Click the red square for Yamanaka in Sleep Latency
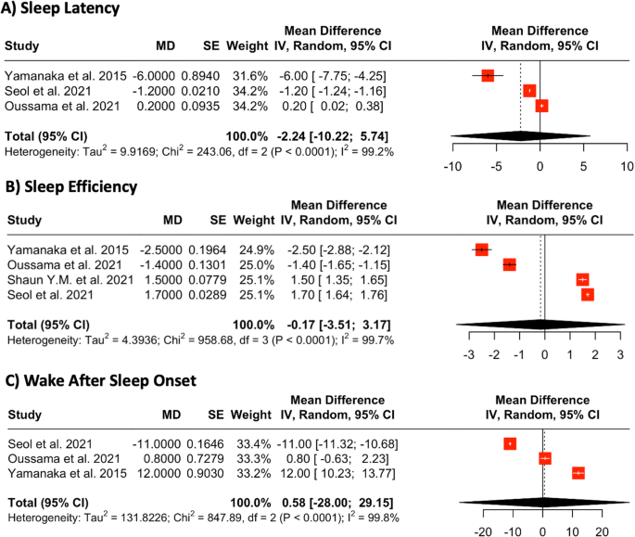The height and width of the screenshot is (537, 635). tap(488, 75)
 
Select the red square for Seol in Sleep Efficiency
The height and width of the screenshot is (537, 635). tap(587, 295)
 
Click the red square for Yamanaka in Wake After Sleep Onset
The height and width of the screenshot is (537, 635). tap(578, 473)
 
